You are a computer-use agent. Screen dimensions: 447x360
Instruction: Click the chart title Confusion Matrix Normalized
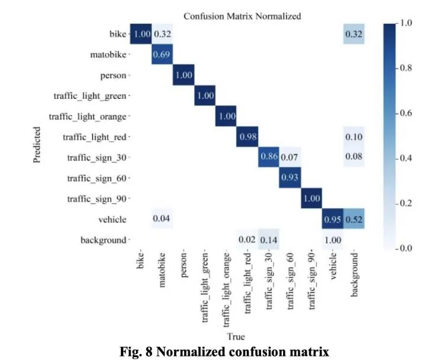(242, 16)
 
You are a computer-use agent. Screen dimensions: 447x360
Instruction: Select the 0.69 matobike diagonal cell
(162, 54)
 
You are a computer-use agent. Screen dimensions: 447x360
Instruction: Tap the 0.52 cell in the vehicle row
(354, 219)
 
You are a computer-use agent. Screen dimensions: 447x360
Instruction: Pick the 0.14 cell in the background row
(269, 239)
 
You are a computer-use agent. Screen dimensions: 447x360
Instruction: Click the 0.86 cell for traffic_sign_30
(269, 157)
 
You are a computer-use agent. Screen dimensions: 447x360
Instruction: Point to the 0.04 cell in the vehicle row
(162, 219)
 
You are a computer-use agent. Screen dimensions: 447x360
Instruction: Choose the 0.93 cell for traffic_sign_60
(290, 178)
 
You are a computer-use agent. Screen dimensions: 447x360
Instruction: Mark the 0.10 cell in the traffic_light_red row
(354, 137)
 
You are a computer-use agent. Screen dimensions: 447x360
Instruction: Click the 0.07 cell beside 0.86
(290, 157)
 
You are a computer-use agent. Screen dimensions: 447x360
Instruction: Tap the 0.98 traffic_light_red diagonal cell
(247, 137)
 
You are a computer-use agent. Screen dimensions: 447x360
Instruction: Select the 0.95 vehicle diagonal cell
(333, 219)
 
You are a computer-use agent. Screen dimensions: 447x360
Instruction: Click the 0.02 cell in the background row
(247, 239)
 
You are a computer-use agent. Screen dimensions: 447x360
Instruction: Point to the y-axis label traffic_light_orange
(88, 117)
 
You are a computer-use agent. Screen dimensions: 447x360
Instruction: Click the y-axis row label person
(113, 76)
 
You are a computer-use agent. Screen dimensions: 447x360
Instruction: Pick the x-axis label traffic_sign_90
(311, 280)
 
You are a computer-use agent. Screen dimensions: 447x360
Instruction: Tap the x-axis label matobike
(162, 269)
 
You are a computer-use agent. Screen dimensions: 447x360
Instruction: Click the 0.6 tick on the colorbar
(406, 113)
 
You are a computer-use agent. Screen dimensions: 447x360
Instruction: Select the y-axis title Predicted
(37, 144)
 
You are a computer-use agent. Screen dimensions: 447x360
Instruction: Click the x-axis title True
(236, 337)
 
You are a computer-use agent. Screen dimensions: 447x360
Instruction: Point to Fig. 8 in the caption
(136, 352)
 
